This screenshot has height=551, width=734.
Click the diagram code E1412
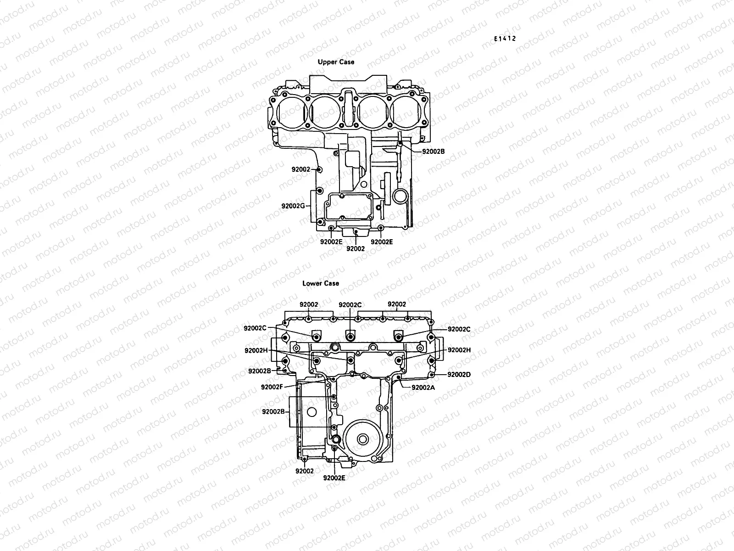coord(505,39)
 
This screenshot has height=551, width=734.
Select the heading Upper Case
coord(336,62)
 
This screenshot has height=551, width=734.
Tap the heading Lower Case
coord(321,283)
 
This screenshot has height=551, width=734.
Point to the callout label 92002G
coord(293,206)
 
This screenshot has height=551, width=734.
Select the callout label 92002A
coord(423,387)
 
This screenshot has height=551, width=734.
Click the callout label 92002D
coord(459,374)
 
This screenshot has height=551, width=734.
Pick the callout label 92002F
coord(272,387)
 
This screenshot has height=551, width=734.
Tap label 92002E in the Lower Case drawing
coord(334,478)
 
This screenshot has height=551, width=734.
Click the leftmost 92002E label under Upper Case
coord(331,242)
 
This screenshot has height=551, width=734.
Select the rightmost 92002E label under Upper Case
coord(382,242)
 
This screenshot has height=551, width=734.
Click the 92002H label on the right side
coord(459,350)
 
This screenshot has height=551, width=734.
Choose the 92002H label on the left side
coord(256,350)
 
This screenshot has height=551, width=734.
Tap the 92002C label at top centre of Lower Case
coord(350,304)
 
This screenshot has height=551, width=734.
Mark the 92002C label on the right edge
coord(459,329)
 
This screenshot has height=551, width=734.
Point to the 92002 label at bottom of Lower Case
coord(305,471)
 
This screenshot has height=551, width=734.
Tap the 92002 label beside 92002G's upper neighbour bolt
coord(301,169)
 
